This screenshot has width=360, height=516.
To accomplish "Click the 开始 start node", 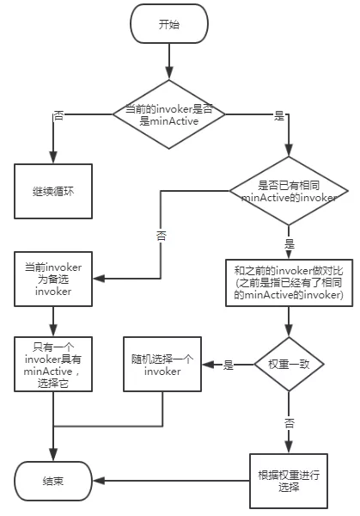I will [x=169, y=25].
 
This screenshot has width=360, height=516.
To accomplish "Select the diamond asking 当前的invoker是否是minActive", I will [x=169, y=113].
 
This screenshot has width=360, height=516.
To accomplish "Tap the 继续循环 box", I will [x=53, y=185].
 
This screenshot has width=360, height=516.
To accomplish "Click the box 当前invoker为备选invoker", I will [x=53, y=277].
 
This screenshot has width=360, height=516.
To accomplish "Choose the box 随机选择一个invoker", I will [x=162, y=365].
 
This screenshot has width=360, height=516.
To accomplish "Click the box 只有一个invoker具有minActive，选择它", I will [x=53, y=365].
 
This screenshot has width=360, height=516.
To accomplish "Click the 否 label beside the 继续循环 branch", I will [x=58, y=114].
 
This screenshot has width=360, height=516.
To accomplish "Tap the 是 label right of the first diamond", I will [x=278, y=114].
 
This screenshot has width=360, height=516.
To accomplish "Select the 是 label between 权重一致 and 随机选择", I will [x=229, y=365].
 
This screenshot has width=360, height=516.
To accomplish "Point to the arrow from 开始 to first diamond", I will [x=169, y=62].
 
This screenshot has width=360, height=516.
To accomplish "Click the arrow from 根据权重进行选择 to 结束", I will [x=168, y=480].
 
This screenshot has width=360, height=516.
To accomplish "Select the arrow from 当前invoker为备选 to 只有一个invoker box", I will [x=53, y=319].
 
